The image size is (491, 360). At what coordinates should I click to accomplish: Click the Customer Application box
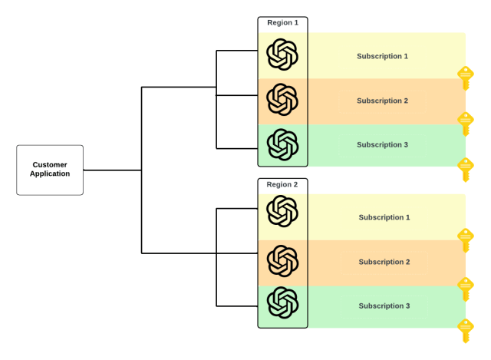50,170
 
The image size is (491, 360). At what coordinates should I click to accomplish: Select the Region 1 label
282,23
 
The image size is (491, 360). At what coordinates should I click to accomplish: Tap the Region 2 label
282,185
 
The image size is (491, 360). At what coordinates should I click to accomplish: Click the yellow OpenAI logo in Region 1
282,54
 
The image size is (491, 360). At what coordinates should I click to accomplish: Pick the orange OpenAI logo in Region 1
282,99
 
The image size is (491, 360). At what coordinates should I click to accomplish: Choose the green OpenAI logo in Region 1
282,144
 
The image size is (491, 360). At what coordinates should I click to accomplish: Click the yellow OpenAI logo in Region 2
282,211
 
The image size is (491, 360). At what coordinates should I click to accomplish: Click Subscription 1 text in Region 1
382,56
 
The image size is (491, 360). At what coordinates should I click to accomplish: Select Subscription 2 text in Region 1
382,101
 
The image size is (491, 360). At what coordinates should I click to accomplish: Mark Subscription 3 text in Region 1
382,145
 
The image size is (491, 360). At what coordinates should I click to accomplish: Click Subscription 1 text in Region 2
384,217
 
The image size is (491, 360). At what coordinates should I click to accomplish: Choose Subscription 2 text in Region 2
384,262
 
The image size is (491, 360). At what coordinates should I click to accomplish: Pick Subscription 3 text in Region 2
384,306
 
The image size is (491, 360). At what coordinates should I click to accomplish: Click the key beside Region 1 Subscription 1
466,77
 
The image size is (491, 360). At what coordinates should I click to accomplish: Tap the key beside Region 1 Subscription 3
466,167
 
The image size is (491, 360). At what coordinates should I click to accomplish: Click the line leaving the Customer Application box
112,170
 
